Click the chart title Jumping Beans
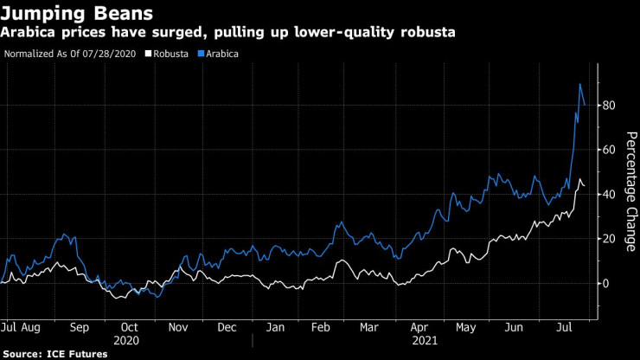point(78,14)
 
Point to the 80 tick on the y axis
point(611,106)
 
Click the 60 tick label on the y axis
point(611,150)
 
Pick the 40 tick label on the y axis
point(611,195)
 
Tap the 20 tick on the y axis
point(611,239)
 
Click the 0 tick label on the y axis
point(608,283)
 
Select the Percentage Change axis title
point(631,190)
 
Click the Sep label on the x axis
point(79,327)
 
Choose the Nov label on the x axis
point(177,327)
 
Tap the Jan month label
point(276,327)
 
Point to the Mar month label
point(370,327)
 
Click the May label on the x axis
point(467,327)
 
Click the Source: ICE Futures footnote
point(56,354)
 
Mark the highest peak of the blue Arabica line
point(579,84)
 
